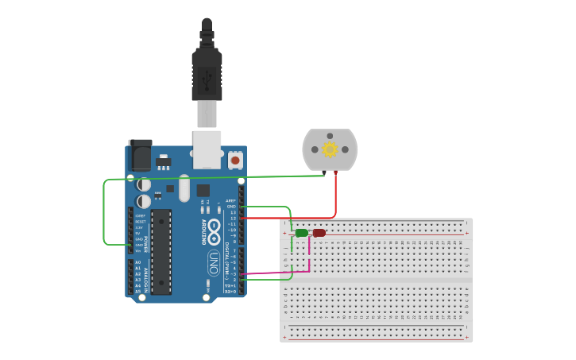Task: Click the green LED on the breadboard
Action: pyautogui.click(x=301, y=233)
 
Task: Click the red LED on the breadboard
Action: pyautogui.click(x=319, y=233)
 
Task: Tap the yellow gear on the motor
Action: pyautogui.click(x=330, y=149)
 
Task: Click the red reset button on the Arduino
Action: pyautogui.click(x=235, y=160)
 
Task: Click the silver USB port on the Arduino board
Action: pyautogui.click(x=207, y=149)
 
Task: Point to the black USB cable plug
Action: pyautogui.click(x=207, y=75)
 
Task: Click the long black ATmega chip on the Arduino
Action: pyautogui.click(x=161, y=251)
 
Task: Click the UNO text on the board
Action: pyautogui.click(x=213, y=262)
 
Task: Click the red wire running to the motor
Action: pyautogui.click(x=335, y=199)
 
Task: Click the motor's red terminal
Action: pyautogui.click(x=335, y=172)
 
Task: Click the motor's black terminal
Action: pyautogui.click(x=324, y=172)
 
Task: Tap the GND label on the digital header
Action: pyautogui.click(x=231, y=207)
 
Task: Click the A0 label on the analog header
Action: pyautogui.click(x=137, y=262)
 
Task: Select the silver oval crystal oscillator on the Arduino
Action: pyautogui.click(x=184, y=188)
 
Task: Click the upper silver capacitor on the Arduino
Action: pyautogui.click(x=143, y=184)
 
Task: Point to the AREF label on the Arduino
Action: pyautogui.click(x=230, y=200)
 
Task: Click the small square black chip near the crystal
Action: pyautogui.click(x=203, y=190)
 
